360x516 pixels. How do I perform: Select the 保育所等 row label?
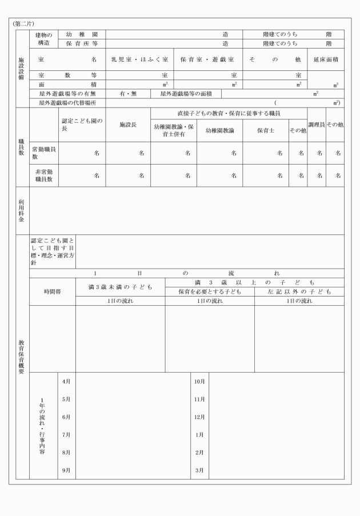pyautogui.click(x=82, y=43)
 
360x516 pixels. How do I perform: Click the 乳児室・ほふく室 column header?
pyautogui.click(x=139, y=59)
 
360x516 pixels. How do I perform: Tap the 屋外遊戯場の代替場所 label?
pyautogui.click(x=67, y=103)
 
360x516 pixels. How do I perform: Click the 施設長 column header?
pyautogui.click(x=128, y=124)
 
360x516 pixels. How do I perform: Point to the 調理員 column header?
pyautogui.click(x=316, y=124)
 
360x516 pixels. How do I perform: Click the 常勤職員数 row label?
pyautogui.click(x=44, y=153)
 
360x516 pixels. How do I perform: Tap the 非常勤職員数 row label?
pyautogui.click(x=44, y=175)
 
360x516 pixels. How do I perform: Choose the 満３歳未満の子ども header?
pyautogui.click(x=120, y=286)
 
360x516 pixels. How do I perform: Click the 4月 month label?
pyautogui.click(x=66, y=381)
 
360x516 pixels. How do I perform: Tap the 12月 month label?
pyautogui.click(x=199, y=417)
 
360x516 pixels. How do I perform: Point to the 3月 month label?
pyautogui.click(x=199, y=470)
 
